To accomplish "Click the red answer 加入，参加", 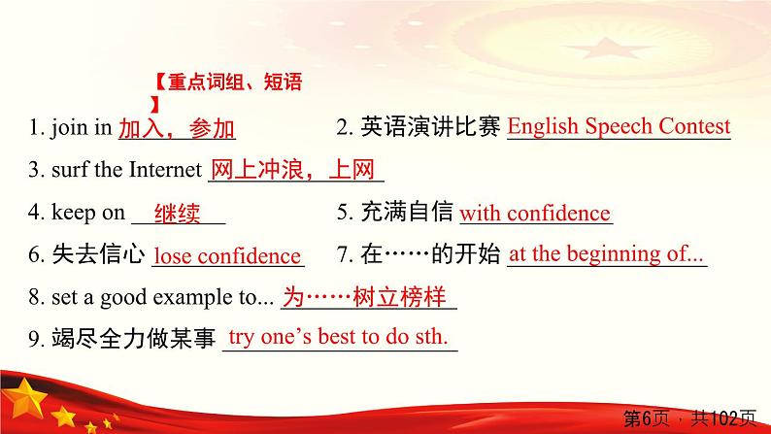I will (x=177, y=128).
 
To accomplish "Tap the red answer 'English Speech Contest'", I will (x=619, y=126).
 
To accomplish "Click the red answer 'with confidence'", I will (x=535, y=214).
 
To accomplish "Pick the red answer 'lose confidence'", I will (x=228, y=256).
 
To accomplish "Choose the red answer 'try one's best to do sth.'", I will (x=338, y=337).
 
